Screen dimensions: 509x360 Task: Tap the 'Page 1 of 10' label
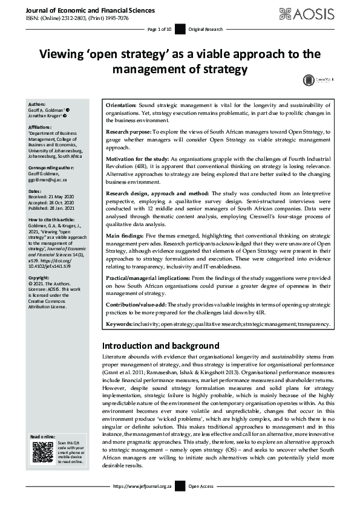(x=160, y=30)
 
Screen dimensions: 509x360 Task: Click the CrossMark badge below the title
(x=315, y=80)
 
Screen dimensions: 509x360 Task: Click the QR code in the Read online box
(x=42, y=452)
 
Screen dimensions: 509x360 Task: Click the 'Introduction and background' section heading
(x=160, y=346)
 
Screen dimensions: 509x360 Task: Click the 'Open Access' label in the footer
(x=200, y=487)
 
